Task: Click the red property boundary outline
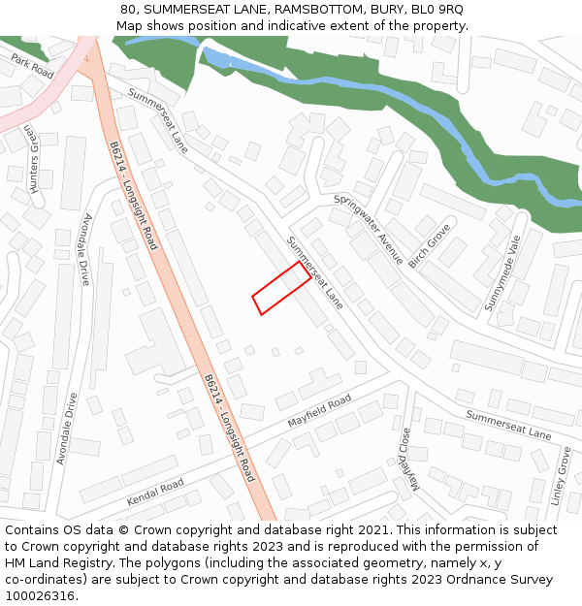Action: coord(282,289)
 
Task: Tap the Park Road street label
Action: coord(32,65)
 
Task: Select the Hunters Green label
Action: coord(34,160)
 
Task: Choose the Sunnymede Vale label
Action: coord(502,272)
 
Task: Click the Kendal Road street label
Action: coord(155,493)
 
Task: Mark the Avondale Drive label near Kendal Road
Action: coord(67,428)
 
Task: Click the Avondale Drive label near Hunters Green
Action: coord(86,249)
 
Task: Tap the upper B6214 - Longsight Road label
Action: coord(134,195)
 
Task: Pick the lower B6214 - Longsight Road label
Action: coord(230,428)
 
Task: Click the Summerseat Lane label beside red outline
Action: coord(315,272)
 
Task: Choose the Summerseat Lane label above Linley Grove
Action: coord(508,425)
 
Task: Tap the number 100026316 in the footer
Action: coord(40,595)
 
